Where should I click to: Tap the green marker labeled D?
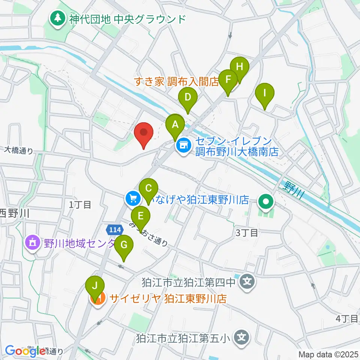pos(187,98)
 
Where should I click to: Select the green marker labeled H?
pos(240,68)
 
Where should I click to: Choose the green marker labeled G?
pos(125,246)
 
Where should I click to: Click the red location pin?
pos(144,133)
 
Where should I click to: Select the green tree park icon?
pos(58,18)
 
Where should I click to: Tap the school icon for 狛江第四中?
pos(247,280)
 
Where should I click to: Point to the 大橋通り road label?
pos(19,150)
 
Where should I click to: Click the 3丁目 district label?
pos(247,233)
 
